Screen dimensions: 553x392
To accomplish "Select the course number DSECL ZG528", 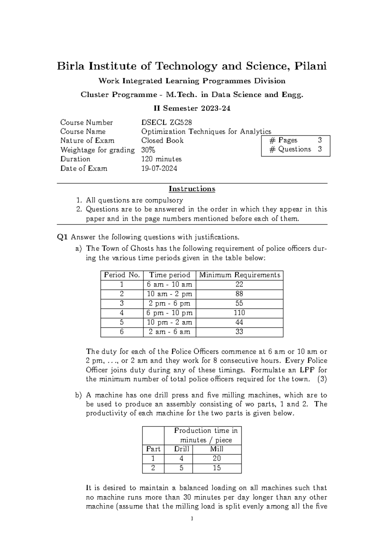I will (166, 123).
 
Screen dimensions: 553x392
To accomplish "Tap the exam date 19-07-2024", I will (159, 169).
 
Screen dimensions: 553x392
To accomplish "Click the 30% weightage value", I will (148, 150).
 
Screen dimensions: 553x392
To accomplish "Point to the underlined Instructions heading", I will (192, 189).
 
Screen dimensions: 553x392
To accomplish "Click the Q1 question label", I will (62, 237).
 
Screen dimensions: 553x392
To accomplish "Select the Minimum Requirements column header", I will (239, 275).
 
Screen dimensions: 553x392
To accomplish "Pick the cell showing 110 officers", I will (239, 313).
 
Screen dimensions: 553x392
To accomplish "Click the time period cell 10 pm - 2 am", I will (169, 322).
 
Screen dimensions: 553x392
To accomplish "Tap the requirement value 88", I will (239, 294).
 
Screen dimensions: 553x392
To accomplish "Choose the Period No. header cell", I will (122, 275).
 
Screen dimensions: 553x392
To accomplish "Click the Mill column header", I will (217, 449).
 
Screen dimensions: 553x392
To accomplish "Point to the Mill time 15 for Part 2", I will (217, 468).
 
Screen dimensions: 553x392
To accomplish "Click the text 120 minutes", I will (161, 159).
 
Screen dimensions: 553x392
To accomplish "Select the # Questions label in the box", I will (290, 149).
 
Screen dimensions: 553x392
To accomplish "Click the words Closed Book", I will (162, 141).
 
